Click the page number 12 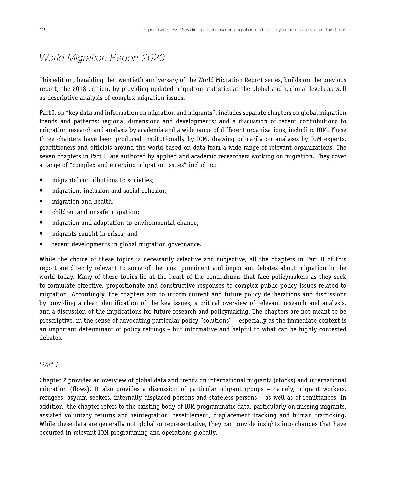pyautogui.click(x=42, y=30)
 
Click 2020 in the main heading pyautogui.click(x=153, y=58)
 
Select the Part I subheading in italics pyautogui.click(x=49, y=365)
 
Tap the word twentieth pyautogui.click(x=129, y=80)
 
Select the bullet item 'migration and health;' pyautogui.click(x=83, y=202)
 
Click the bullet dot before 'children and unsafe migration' pyautogui.click(x=41, y=212)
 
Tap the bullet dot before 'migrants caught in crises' pyautogui.click(x=41, y=234)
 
